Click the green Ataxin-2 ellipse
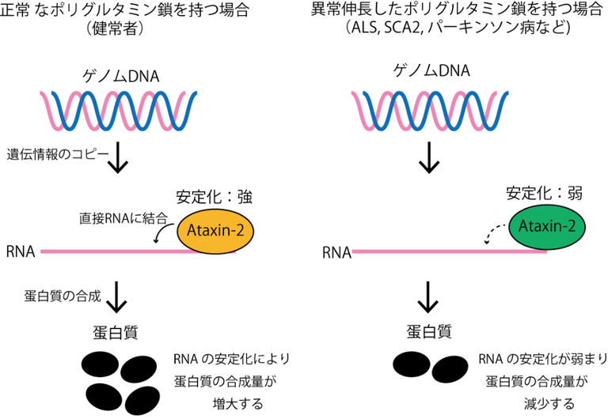click(545, 227)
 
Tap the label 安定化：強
click(213, 194)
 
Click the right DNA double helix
click(431, 111)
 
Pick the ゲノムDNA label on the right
click(431, 71)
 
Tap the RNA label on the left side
click(19, 252)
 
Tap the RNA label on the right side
click(336, 253)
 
